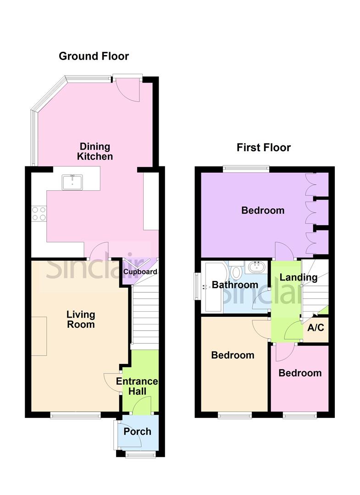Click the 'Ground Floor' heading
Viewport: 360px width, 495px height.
94,56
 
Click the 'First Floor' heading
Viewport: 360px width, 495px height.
264,148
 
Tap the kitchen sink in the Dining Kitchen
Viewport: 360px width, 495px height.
72,182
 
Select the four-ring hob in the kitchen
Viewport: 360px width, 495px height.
38,214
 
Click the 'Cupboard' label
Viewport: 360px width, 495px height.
140,272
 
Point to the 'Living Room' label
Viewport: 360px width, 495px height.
81,319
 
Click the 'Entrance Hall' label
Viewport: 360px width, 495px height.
137,386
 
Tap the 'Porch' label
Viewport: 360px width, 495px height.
137,431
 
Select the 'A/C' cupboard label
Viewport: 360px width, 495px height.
316,328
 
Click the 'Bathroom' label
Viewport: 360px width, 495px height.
235,285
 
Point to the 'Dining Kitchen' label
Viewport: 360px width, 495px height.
95,151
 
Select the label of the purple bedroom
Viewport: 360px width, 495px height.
263,211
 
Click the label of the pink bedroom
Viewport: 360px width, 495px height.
300,373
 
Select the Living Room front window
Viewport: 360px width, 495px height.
75,415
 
